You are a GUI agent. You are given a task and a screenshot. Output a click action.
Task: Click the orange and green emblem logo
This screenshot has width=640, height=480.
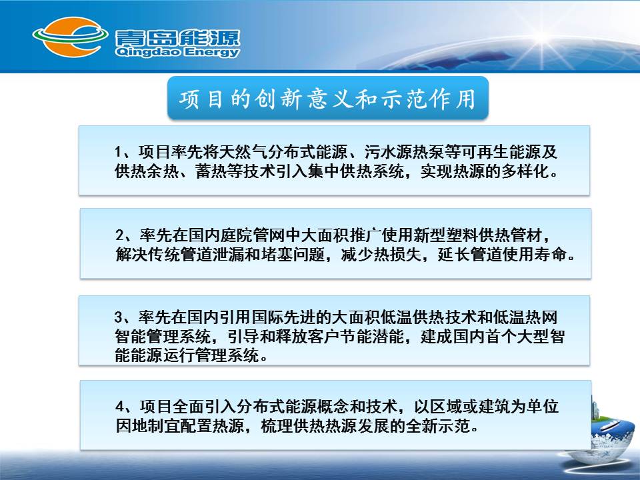tap(70, 37)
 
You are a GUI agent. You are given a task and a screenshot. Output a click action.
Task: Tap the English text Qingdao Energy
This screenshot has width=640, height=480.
tap(177, 52)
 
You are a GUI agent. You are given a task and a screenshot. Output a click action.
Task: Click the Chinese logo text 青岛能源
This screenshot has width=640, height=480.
tap(177, 37)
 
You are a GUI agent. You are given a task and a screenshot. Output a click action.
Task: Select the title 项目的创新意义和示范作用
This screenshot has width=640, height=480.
tap(327, 99)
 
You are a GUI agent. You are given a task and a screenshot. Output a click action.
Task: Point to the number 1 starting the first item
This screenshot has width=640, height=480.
tap(119, 152)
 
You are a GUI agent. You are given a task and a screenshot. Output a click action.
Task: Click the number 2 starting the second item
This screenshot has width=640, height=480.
tap(119, 235)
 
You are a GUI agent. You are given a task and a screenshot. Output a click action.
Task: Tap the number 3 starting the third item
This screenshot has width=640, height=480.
tap(119, 317)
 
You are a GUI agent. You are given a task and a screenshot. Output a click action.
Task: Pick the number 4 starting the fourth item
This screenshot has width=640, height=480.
tap(119, 406)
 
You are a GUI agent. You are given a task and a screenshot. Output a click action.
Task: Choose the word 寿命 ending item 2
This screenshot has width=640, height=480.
tap(551, 254)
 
